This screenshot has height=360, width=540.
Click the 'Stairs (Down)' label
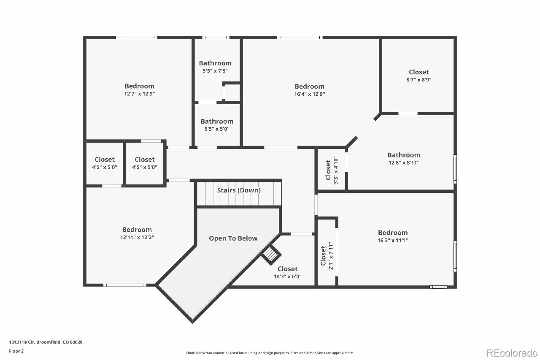pos(239,190)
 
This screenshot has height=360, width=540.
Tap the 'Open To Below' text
pos(233,238)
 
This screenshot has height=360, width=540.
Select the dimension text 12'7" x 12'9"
pos(139,94)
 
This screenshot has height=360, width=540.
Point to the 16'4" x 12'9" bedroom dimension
pos(310,94)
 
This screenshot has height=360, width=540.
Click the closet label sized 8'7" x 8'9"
pos(418,72)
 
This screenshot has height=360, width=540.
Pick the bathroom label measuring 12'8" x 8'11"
pos(404,155)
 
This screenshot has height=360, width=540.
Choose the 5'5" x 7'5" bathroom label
pos(215,63)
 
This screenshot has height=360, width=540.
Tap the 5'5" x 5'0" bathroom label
pos(217,122)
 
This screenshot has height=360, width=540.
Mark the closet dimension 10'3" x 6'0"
pos(287,277)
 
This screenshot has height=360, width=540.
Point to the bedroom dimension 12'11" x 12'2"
pos(137,237)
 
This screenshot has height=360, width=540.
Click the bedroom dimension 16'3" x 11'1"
pos(393,240)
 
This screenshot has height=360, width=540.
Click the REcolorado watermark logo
pos(512,353)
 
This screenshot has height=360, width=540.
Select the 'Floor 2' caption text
pos(16,351)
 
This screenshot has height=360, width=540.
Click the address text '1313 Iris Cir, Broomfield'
pos(46,342)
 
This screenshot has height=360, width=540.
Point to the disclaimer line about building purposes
pos(270,353)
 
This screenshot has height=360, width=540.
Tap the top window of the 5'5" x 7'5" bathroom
pos(216,38)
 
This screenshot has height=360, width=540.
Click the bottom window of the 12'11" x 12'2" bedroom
pos(125,285)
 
